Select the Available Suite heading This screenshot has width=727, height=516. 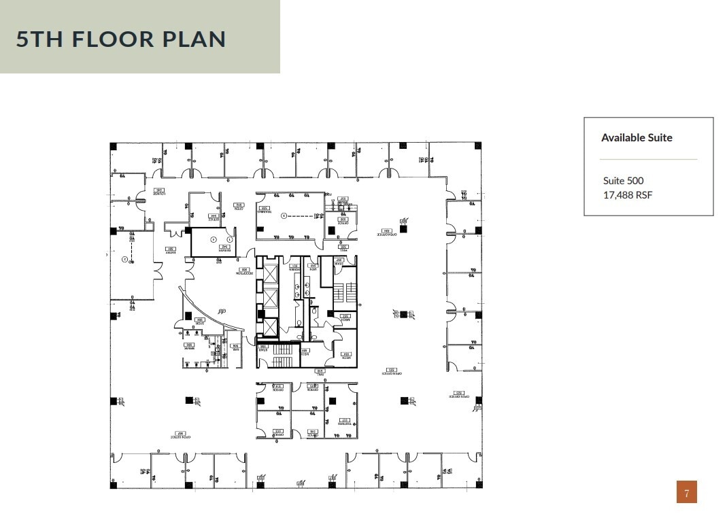(637, 137)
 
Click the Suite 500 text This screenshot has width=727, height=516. (623, 181)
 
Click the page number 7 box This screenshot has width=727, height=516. (686, 492)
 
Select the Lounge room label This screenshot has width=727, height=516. (159, 192)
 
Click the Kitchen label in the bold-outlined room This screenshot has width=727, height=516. (222, 249)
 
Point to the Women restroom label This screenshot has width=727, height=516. (294, 268)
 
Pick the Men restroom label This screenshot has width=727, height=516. (313, 268)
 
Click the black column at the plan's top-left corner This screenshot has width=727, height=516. (114, 145)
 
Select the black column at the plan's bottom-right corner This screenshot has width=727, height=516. (478, 485)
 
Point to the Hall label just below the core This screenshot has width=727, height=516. (320, 371)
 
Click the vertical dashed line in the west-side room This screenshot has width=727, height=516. (132, 251)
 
